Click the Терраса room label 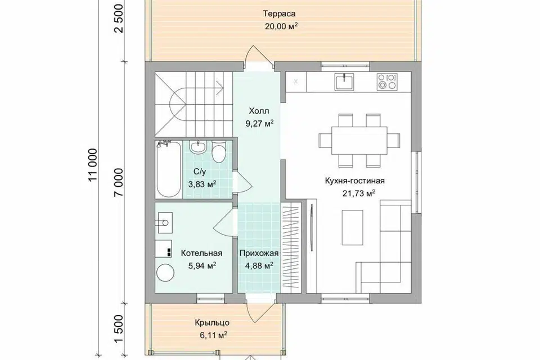[280, 13]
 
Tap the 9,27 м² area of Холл [259, 124]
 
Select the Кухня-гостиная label [354, 181]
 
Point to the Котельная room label [201, 253]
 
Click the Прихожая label [259, 253]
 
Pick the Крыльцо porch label [212, 323]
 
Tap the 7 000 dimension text [119, 182]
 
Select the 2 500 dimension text [119, 19]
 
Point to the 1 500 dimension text [119, 328]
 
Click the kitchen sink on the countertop [344, 82]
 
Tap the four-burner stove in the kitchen [388, 82]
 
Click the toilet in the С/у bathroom [218, 151]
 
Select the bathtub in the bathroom [168, 169]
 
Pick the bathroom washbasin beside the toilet [198, 147]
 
